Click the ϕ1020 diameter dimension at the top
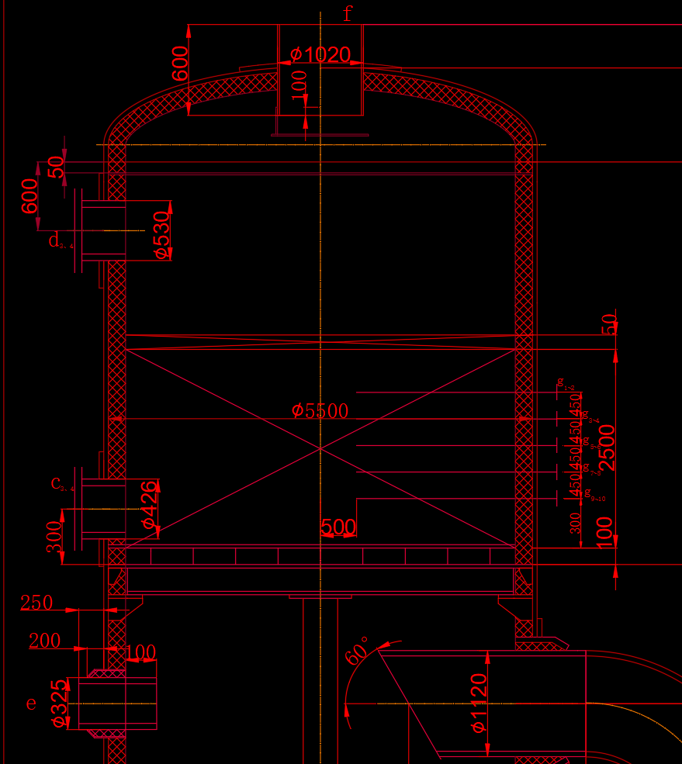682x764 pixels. (x=320, y=55)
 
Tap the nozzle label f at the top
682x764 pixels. (x=348, y=13)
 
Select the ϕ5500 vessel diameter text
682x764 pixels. (x=320, y=411)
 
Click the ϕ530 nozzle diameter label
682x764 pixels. (x=161, y=233)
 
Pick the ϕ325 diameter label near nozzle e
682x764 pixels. (x=57, y=704)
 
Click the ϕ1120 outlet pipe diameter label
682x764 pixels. (x=478, y=703)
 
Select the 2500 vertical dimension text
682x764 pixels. (x=607, y=447)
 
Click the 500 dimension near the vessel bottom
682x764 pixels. (x=338, y=527)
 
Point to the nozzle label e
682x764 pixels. (x=31, y=704)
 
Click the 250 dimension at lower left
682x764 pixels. (x=36, y=603)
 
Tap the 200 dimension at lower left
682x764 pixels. (x=44, y=641)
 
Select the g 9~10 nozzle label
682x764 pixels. (x=594, y=493)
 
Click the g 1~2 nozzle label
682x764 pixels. (x=566, y=383)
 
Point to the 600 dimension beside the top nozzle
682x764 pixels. (x=180, y=64)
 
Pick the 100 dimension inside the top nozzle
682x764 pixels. (x=299, y=85)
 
